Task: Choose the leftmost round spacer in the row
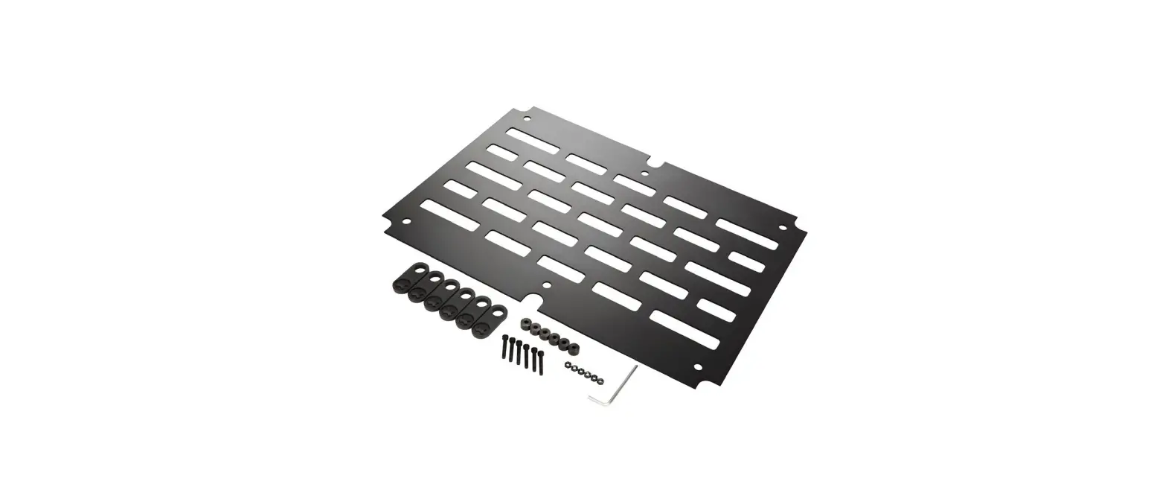point(526,324)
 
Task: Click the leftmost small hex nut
point(568,365)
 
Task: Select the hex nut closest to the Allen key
point(600,381)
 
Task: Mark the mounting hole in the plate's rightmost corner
point(782,228)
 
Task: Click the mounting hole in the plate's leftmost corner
point(406,221)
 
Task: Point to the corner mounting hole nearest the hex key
point(697,366)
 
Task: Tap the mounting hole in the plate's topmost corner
point(528,118)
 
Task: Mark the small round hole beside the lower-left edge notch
point(548,285)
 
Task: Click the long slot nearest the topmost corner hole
point(533,140)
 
